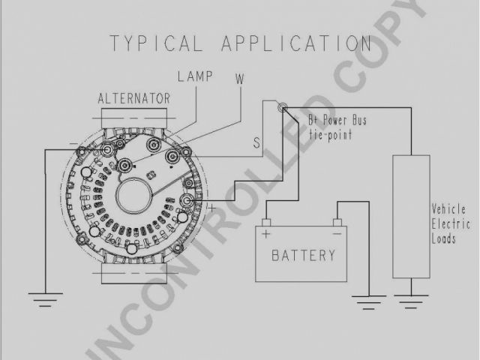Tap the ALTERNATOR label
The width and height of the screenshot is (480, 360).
tap(134, 98)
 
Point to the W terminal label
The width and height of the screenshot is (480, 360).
tap(239, 78)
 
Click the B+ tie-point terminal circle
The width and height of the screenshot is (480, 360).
tap(283, 109)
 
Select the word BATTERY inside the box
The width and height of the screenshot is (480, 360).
tap(302, 256)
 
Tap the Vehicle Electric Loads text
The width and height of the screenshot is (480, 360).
tap(450, 223)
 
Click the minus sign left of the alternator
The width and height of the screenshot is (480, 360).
tap(73, 142)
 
